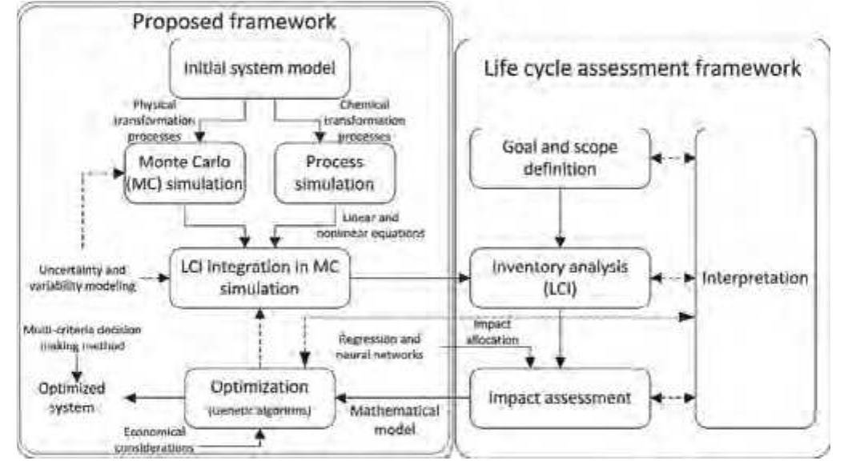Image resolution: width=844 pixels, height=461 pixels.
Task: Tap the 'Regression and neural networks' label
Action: click(380, 345)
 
